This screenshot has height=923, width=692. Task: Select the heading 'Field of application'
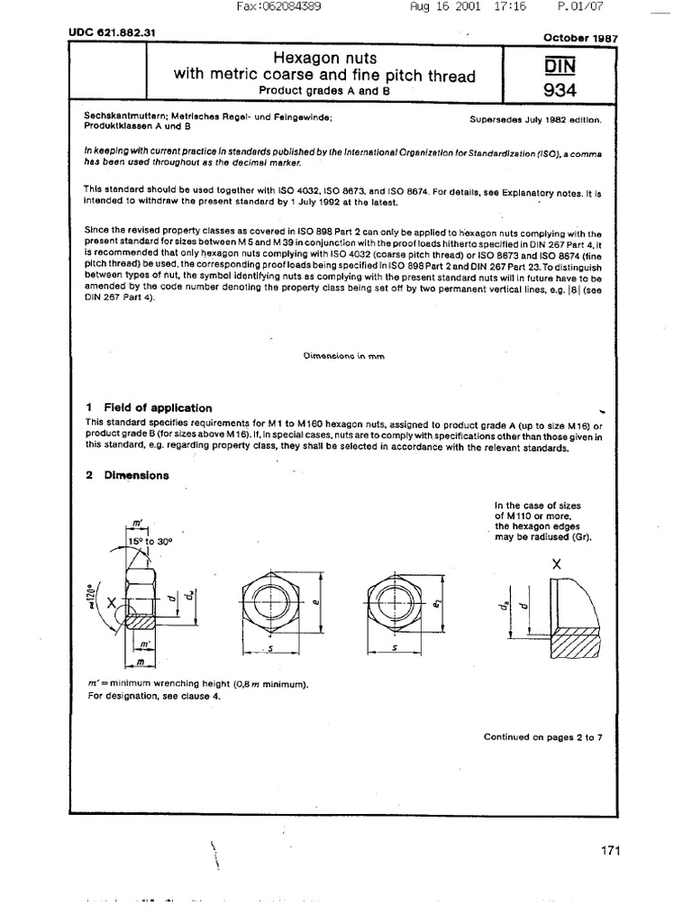click(x=158, y=407)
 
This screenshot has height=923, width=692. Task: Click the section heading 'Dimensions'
click(x=135, y=475)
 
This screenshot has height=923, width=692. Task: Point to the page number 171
click(x=608, y=850)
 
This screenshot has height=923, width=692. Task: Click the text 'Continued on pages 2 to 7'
click(x=542, y=736)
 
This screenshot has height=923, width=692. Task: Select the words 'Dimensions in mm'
click(x=344, y=355)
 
